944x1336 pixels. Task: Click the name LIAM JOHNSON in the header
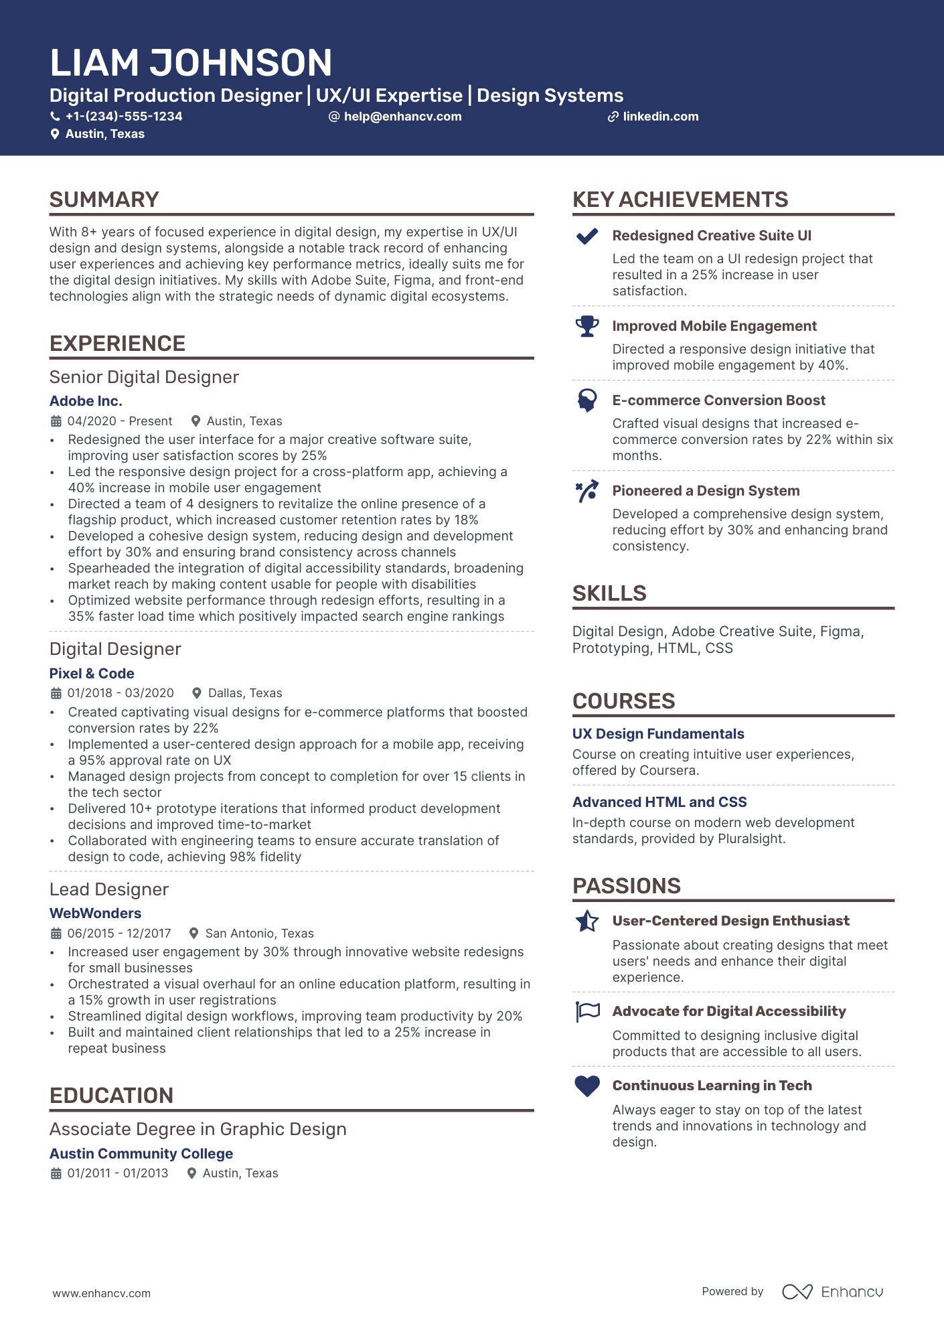(x=191, y=63)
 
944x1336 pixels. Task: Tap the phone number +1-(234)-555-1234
(x=123, y=117)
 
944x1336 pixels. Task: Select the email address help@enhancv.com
(x=402, y=117)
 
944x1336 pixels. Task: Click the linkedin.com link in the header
(x=660, y=117)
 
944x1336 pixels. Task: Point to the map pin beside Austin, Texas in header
(x=55, y=134)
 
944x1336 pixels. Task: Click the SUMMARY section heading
(x=104, y=200)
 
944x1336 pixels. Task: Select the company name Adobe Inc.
(x=86, y=401)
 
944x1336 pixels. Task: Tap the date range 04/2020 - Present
(x=120, y=421)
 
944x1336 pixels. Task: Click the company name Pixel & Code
(x=92, y=674)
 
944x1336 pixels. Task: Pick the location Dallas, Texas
(x=245, y=693)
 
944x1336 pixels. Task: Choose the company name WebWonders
(x=95, y=913)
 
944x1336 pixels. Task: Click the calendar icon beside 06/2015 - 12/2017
(x=56, y=934)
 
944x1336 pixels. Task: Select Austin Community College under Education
(x=141, y=1154)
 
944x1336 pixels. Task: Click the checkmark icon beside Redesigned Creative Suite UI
(x=587, y=236)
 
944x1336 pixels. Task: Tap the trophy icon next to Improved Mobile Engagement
(x=587, y=326)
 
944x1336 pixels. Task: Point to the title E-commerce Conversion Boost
(x=718, y=400)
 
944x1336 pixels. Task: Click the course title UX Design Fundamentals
(x=658, y=734)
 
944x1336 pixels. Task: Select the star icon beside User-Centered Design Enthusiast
(x=587, y=921)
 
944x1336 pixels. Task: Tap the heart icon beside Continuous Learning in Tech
(x=587, y=1086)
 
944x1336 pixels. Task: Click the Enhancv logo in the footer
(x=832, y=1292)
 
